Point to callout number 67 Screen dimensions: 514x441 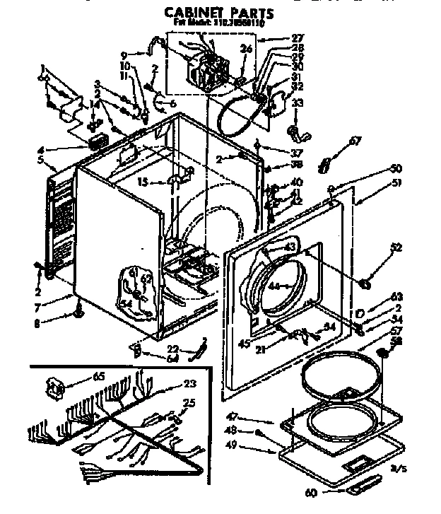click(x=355, y=141)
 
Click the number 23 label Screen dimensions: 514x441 click(x=189, y=385)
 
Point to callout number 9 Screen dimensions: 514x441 click(x=124, y=54)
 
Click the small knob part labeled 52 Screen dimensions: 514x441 click(x=365, y=284)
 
